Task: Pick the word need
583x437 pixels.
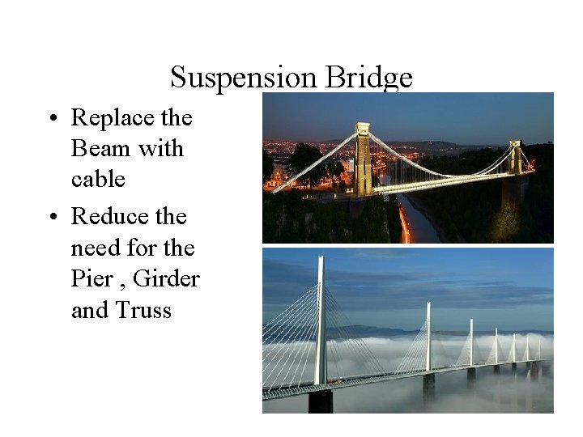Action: point(96,248)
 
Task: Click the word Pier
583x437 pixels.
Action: point(91,278)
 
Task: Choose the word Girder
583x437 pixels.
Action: point(166,278)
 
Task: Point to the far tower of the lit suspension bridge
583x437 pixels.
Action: point(515,157)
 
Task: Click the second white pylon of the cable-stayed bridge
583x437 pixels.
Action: point(428,336)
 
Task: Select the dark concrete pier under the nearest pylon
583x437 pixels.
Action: point(321,401)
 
